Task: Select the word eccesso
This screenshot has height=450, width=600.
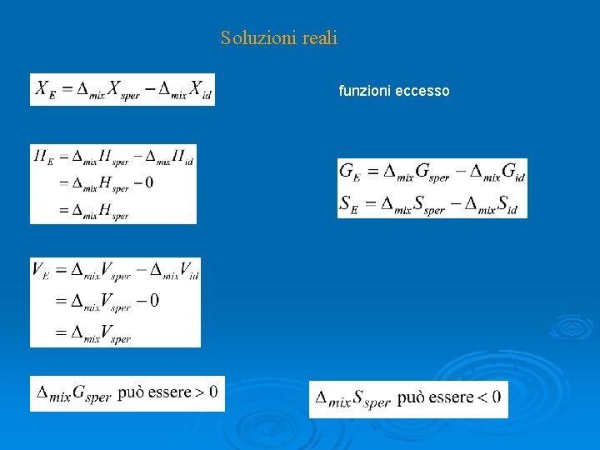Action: (x=422, y=91)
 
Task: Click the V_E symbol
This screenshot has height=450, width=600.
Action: (x=42, y=270)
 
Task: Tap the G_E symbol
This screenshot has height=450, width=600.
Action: (x=350, y=172)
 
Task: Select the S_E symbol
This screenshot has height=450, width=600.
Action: (x=349, y=203)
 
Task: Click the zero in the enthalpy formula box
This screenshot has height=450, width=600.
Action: (x=148, y=183)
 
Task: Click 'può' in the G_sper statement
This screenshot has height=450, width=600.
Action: (x=133, y=392)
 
